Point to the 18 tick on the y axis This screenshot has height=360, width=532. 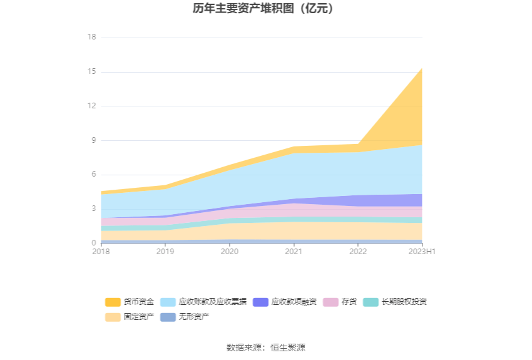point(91,37)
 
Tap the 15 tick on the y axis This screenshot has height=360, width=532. point(91,71)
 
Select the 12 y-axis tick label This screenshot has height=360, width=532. point(91,106)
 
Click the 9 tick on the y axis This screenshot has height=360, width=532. point(93,140)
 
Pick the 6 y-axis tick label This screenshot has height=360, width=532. point(93,175)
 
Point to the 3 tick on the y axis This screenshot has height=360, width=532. point(93,208)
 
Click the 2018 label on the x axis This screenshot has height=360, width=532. point(101,252)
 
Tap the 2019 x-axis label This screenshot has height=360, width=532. point(165,252)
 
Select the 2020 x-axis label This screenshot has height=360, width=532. point(230,252)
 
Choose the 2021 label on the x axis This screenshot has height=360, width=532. point(294,252)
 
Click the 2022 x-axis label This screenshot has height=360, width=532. point(358,252)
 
